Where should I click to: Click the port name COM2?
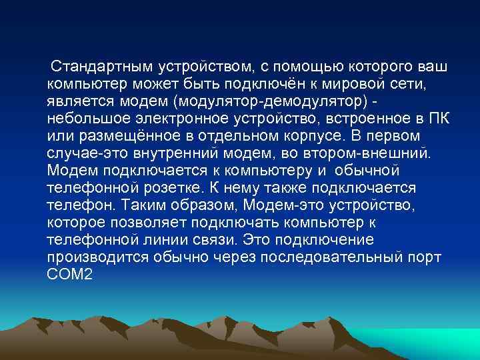[69, 272]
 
